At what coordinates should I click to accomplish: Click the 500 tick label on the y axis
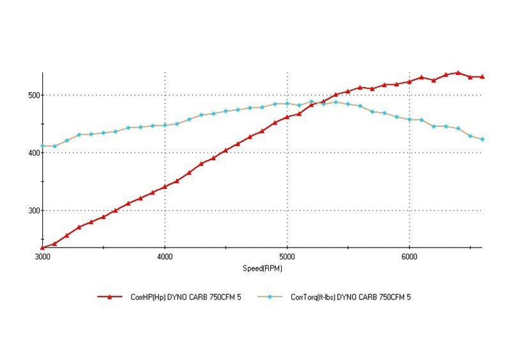click(33, 95)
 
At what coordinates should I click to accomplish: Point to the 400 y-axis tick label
click(33, 153)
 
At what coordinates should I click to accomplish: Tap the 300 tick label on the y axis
click(33, 211)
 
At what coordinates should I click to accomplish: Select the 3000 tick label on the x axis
click(42, 257)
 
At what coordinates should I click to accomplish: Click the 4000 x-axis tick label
click(165, 257)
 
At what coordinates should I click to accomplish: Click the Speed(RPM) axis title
click(262, 268)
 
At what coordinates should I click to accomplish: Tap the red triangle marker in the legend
click(109, 297)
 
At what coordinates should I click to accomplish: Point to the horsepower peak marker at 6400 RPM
click(458, 73)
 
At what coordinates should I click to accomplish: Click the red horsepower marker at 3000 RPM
click(42, 248)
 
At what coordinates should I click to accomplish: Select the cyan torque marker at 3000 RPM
click(42, 146)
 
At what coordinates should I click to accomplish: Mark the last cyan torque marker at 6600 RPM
click(482, 139)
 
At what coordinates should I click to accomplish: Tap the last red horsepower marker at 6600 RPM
click(482, 77)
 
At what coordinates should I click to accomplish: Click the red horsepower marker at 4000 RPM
click(165, 186)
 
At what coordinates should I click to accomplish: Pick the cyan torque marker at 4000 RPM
click(165, 125)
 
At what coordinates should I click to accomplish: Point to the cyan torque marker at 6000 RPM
click(409, 119)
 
